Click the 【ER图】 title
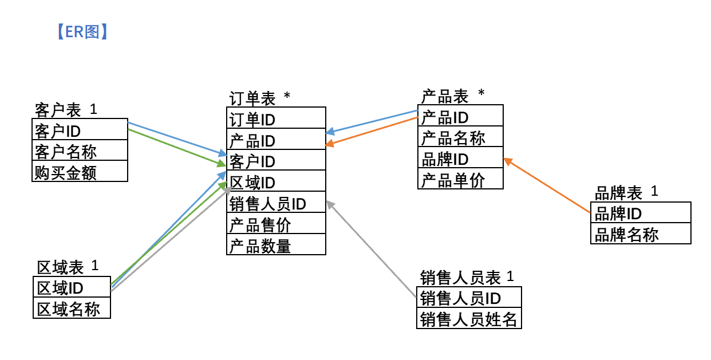coord(82,32)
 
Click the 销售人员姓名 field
coord(468,319)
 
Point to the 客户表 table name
coord(58,109)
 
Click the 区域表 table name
coord(60,267)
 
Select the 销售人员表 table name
coord(460,278)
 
